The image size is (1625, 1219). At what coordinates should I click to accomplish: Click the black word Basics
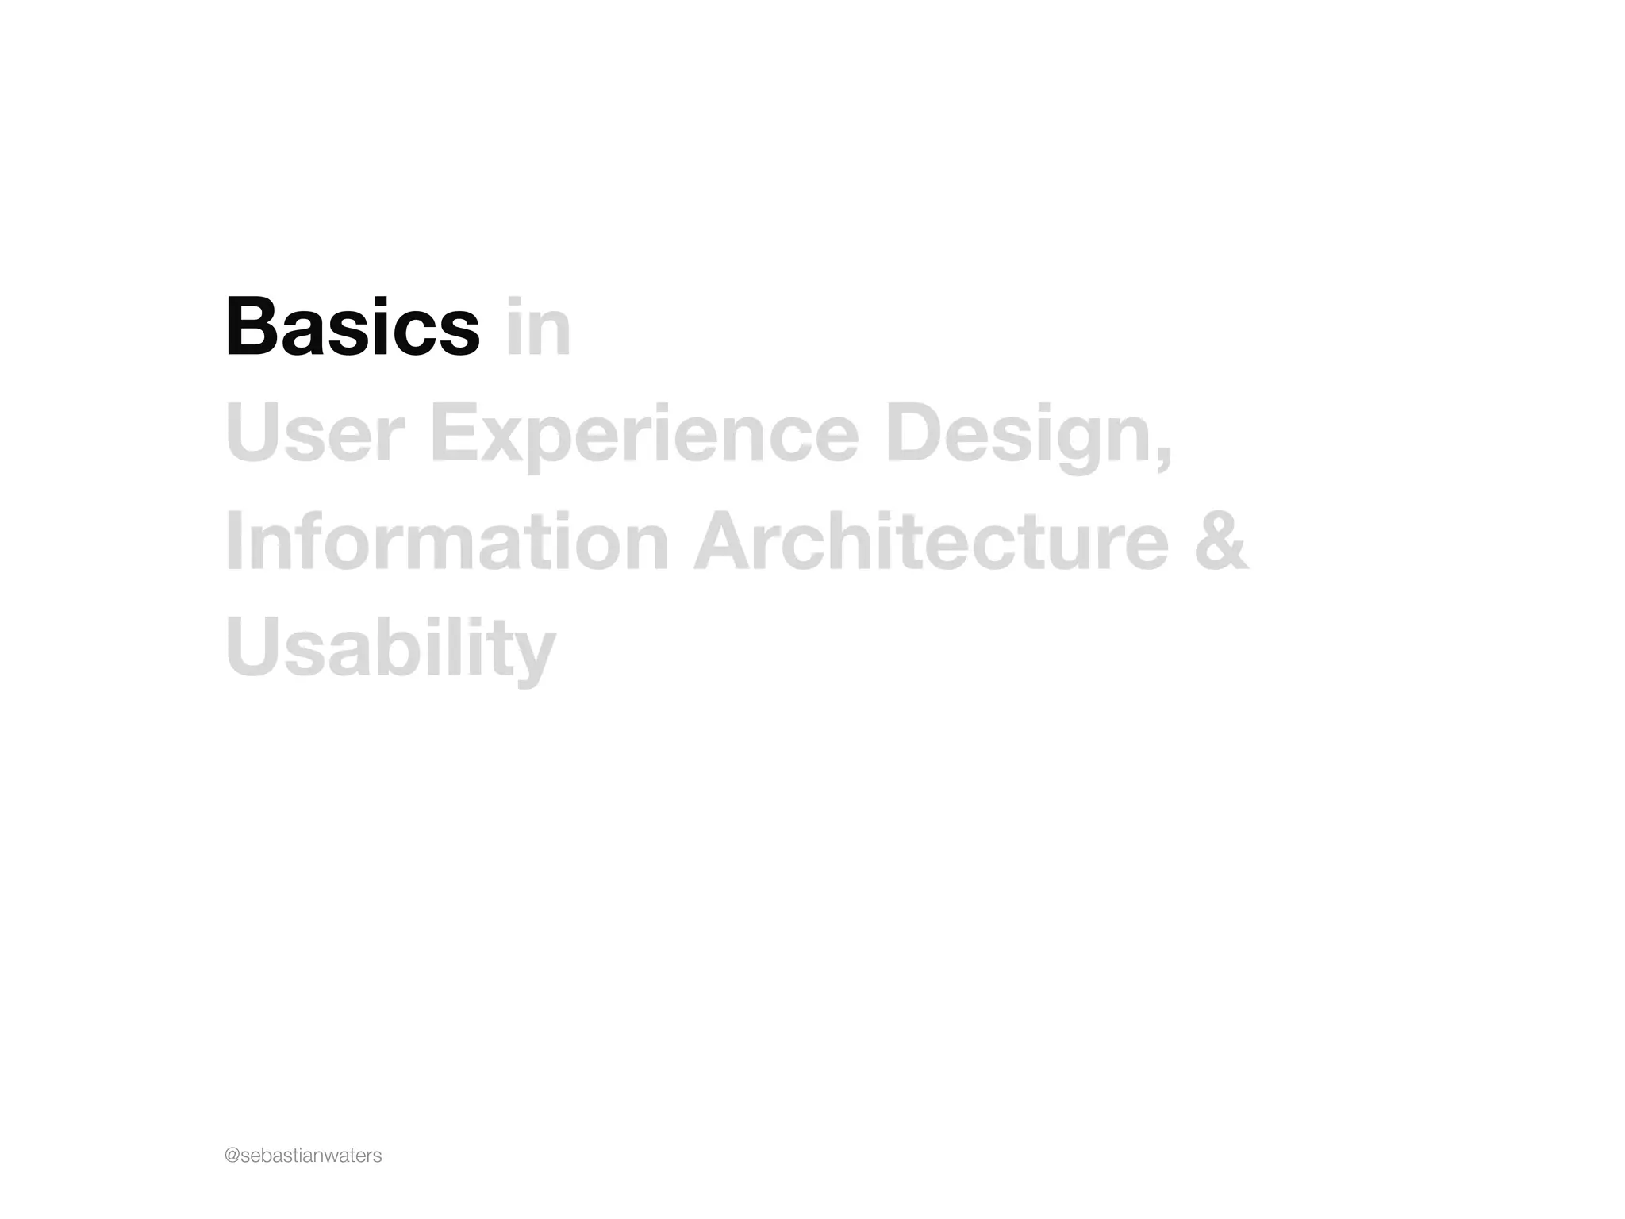pyautogui.click(x=352, y=327)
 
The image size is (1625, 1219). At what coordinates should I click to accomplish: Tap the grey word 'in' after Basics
pyautogui.click(x=538, y=327)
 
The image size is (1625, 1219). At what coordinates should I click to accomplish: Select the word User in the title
pyautogui.click(x=309, y=433)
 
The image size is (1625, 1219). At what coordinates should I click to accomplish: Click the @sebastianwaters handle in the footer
pyautogui.click(x=303, y=1156)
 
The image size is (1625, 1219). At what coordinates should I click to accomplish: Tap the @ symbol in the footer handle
pyautogui.click(x=232, y=1156)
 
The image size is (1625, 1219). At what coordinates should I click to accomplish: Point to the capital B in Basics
pyautogui.click(x=250, y=327)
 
